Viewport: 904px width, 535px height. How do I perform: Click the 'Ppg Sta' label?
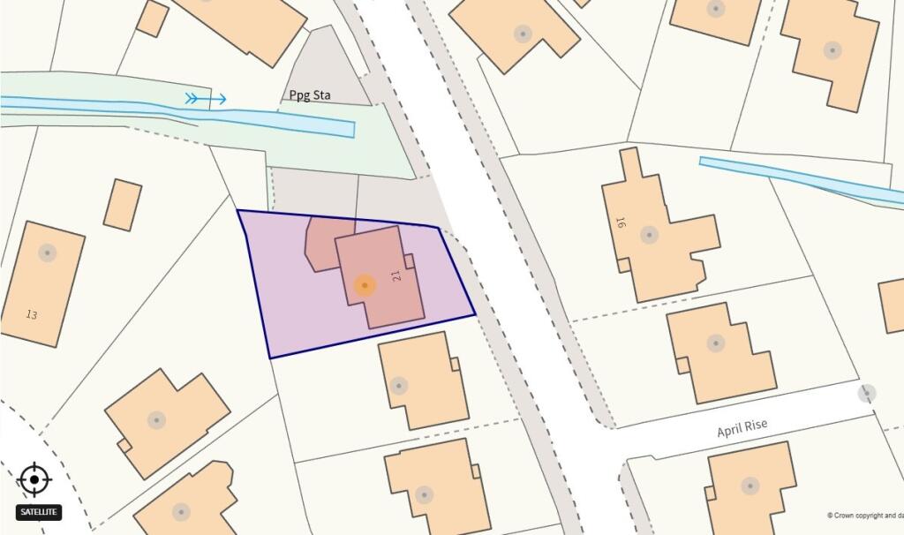[310, 95]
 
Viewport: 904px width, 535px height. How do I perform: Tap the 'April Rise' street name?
[742, 429]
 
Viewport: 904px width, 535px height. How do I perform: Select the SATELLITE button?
[39, 511]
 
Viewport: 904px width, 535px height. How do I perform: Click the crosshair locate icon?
[34, 479]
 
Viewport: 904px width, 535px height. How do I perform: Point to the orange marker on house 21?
[365, 284]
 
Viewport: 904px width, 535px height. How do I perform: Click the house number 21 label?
[396, 275]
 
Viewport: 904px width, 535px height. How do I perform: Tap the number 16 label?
[621, 222]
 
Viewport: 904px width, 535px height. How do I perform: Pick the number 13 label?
[32, 314]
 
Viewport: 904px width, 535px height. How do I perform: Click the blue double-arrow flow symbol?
[205, 99]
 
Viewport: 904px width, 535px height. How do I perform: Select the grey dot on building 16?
[650, 235]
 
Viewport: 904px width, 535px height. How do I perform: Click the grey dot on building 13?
[47, 252]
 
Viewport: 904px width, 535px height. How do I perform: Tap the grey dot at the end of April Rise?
[867, 394]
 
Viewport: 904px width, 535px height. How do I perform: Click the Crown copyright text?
[864, 516]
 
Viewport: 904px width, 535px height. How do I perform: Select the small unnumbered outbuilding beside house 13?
[123, 205]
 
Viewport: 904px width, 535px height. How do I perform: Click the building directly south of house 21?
[422, 380]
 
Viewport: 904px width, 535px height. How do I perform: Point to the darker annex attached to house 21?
[320, 243]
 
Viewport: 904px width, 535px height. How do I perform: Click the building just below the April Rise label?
[750, 486]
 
